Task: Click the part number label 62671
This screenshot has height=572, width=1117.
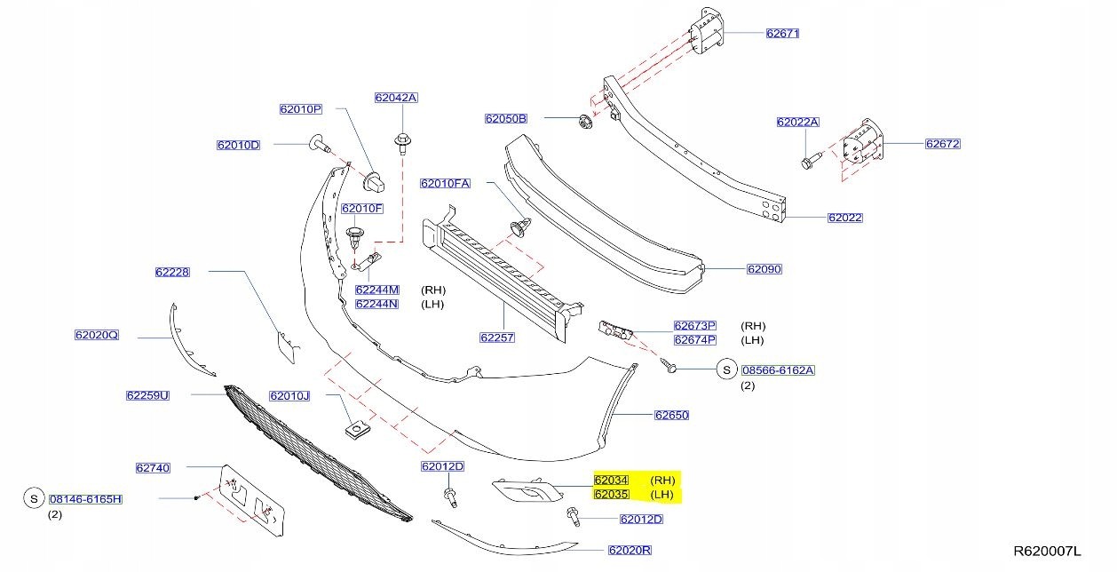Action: [x=783, y=34]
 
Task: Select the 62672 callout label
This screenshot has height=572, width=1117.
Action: [x=943, y=144]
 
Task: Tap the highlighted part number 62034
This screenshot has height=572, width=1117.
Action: [x=611, y=481]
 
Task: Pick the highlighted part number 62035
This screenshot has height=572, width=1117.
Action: [x=611, y=495]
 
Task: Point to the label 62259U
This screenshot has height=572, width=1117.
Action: [x=147, y=395]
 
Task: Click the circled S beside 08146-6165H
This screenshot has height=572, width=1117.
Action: [x=33, y=499]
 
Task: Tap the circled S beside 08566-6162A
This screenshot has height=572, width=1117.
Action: [x=725, y=370]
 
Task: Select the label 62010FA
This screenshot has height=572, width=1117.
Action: [x=446, y=184]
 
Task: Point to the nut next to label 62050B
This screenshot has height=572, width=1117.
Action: [x=583, y=122]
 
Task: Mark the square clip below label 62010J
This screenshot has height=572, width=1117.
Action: [x=357, y=430]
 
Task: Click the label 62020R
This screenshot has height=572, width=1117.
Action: [x=630, y=551]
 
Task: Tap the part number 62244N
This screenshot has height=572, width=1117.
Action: [x=377, y=304]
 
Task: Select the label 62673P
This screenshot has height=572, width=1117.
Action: [x=694, y=326]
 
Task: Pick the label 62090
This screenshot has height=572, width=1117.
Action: [x=764, y=269]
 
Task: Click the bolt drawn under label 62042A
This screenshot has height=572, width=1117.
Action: [x=402, y=141]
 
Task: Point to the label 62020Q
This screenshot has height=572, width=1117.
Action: [x=97, y=336]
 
